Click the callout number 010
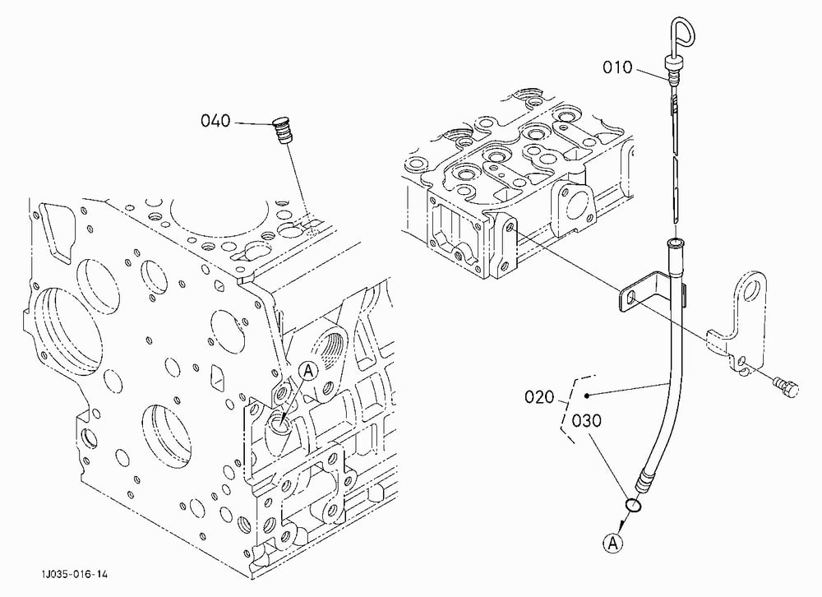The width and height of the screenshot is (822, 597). tap(617, 67)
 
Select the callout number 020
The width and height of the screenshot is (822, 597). tap(539, 396)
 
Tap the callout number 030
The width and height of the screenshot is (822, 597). tap(586, 421)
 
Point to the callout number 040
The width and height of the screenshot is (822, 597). tap(215, 121)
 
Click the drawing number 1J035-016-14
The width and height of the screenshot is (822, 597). tap(75, 575)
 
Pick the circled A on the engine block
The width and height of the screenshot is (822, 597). tap(308, 371)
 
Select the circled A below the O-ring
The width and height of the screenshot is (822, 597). tap(613, 543)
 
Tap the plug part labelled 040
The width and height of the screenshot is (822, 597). tap(283, 131)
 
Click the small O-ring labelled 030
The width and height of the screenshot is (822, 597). tap(633, 505)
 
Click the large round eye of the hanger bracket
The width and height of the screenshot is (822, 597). tap(755, 289)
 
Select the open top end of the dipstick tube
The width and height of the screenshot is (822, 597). tap(675, 243)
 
